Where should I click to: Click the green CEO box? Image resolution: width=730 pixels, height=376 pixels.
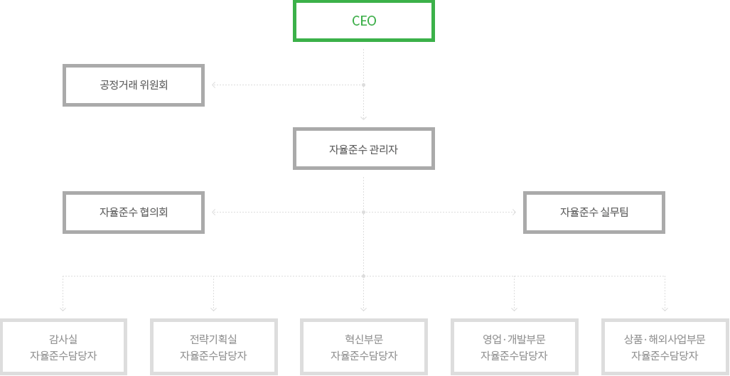364,21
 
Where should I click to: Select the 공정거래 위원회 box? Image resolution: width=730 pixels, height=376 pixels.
134,85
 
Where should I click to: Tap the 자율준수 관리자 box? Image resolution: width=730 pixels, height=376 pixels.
364,149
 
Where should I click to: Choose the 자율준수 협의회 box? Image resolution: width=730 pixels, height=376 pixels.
134,212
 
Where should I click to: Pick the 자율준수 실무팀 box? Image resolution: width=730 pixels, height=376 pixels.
594,212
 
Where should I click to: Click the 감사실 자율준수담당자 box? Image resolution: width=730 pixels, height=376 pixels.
63,347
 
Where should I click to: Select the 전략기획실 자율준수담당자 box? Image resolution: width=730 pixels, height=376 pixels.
213,347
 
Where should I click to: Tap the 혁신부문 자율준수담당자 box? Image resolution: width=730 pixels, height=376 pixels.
364,347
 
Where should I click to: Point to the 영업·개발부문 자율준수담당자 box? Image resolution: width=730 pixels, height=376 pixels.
514,347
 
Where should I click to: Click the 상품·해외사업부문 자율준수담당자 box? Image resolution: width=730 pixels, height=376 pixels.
665,347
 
